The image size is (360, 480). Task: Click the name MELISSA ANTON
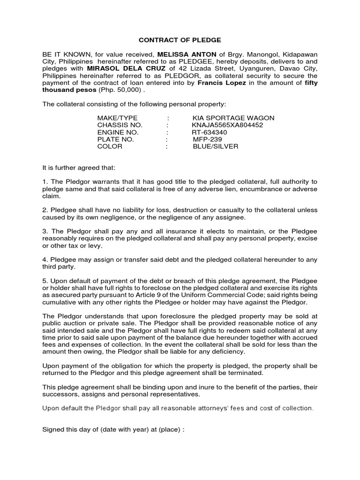tap(182, 54)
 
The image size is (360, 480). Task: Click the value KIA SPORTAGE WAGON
tap(233, 118)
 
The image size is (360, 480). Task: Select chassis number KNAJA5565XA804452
tap(227, 125)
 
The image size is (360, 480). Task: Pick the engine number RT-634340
tap(209, 132)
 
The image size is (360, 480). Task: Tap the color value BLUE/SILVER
tap(215, 146)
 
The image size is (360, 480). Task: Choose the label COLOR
tap(110, 146)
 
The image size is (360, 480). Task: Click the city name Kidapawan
tap(296, 54)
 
